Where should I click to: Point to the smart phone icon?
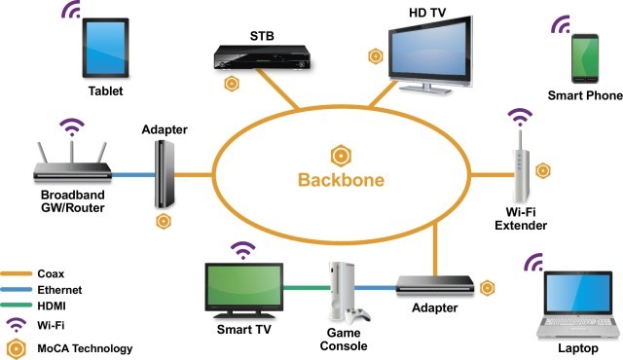pos(584,57)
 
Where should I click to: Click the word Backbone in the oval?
pos(341,180)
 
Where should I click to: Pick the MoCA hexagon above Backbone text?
pos(341,155)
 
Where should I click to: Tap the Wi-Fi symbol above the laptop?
pos(533,263)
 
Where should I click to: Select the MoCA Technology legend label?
pos(81,347)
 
